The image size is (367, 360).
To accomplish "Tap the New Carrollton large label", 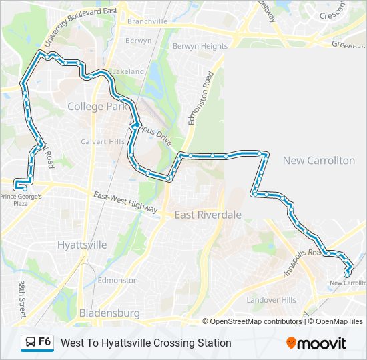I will tap(318, 161).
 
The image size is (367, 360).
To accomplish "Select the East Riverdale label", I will tap(208, 215).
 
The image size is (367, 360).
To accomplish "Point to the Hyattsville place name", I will tap(82, 245).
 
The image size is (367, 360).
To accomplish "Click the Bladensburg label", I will tap(109, 312).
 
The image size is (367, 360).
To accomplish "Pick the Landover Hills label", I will tap(271, 300).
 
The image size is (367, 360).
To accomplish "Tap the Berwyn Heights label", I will tap(200, 46).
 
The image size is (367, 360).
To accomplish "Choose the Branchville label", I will tap(147, 21).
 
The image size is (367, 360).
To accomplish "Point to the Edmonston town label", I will tap(117, 280).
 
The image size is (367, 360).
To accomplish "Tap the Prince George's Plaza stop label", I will tap(21, 199).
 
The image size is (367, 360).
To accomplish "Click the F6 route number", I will tap(45, 342).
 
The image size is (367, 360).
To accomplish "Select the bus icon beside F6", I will tap(29, 343).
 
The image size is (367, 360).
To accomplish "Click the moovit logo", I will tap(316, 343).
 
